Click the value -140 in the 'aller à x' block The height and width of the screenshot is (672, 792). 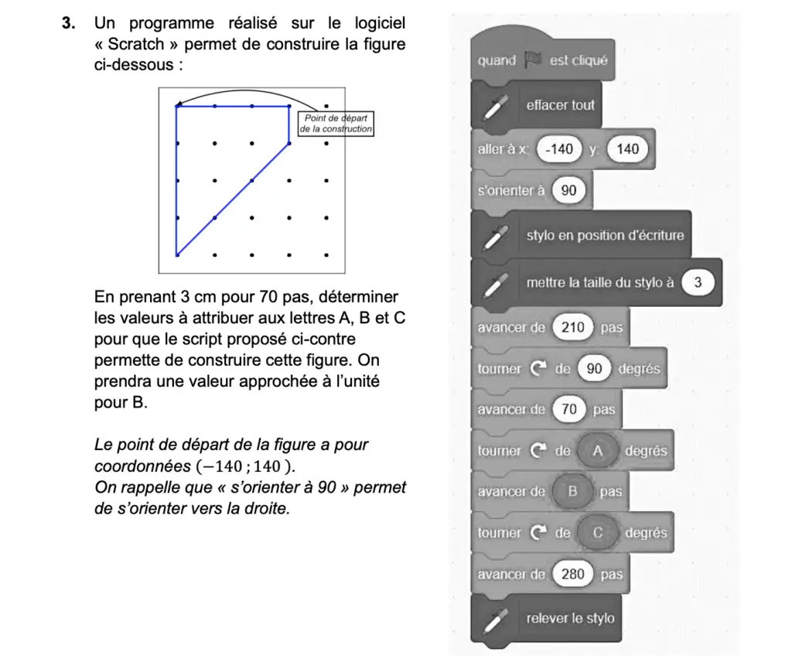tap(558, 148)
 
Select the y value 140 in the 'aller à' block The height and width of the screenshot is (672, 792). tap(627, 148)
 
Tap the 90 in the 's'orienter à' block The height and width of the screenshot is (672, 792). tap(568, 190)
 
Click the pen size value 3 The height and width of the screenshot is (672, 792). tap(698, 283)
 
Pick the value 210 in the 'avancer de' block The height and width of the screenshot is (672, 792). tap(572, 327)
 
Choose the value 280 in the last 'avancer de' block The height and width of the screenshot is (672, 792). tap(572, 575)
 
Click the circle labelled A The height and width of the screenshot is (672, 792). tap(596, 451)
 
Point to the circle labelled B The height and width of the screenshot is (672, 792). tap(573, 492)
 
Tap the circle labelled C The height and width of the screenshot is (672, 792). tap(597, 533)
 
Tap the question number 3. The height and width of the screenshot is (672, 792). tap(67, 24)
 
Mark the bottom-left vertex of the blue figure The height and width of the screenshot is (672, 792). tap(177, 254)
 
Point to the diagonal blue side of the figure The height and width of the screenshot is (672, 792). tap(232, 200)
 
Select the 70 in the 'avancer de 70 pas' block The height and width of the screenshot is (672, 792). tap(568, 410)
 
